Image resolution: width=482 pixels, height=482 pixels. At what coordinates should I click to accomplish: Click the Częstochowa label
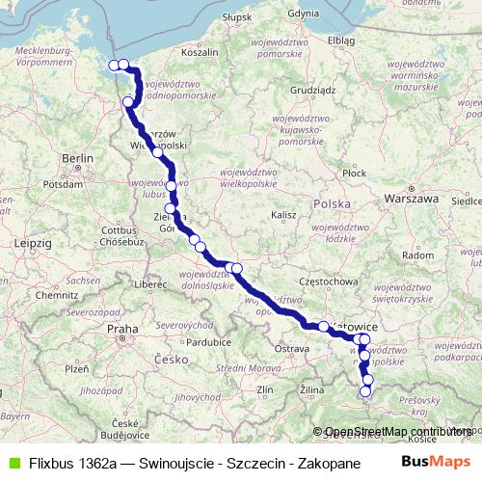pos(323,281)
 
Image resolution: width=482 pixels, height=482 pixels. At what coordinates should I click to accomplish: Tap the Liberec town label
pos(150,284)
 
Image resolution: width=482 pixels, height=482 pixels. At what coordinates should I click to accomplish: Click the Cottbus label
pos(120,230)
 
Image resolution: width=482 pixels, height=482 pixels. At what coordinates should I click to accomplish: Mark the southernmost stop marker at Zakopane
pos(365,391)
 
